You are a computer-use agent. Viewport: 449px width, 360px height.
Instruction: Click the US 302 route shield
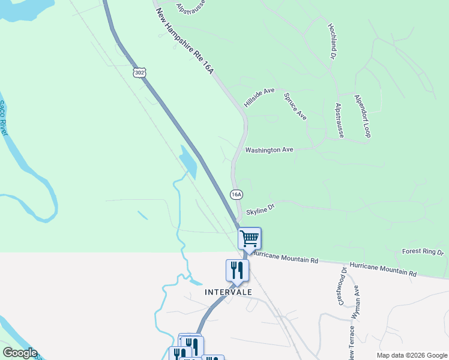tap(139, 73)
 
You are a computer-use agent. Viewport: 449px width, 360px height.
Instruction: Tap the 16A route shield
tap(237, 194)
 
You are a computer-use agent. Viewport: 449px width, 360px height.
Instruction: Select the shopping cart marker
tap(249, 238)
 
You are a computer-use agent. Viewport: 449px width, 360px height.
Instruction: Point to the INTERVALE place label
tap(228, 292)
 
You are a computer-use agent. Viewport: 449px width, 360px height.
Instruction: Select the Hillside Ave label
tap(259, 98)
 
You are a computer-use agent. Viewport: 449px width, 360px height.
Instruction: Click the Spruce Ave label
tap(295, 106)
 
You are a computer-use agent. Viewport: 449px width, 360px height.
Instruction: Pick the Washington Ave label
tap(269, 149)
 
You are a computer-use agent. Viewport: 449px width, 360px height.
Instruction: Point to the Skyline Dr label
tap(260, 208)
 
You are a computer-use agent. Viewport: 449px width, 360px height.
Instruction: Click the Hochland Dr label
tap(331, 41)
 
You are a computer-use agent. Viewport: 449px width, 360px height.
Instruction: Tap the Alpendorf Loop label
tap(363, 115)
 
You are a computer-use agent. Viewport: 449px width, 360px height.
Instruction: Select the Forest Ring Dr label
tap(423, 252)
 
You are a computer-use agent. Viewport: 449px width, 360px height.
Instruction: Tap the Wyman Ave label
tap(355, 301)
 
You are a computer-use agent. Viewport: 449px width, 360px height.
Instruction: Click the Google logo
tap(20, 353)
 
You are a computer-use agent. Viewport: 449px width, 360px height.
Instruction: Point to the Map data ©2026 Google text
tap(412, 355)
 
